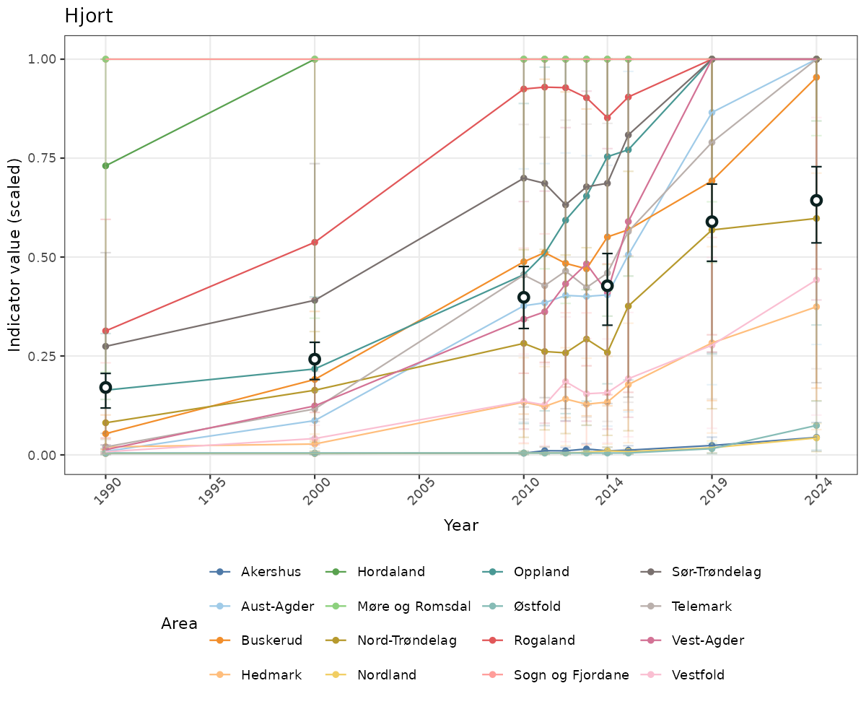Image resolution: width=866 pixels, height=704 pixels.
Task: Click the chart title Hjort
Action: [88, 16]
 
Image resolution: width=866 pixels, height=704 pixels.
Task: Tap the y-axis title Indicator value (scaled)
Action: [15, 256]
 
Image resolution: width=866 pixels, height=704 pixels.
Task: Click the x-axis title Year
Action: [460, 525]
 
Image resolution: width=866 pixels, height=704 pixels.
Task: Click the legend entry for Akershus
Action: [271, 572]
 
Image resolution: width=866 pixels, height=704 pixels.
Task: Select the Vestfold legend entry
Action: [696, 675]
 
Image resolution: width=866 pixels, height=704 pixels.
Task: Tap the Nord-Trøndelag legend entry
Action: [407, 640]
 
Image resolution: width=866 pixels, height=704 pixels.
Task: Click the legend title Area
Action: [179, 624]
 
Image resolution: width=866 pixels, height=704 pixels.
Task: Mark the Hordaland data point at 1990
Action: [105, 166]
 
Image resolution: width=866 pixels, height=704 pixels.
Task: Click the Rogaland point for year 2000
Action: [315, 243]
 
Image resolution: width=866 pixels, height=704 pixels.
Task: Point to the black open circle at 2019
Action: [712, 222]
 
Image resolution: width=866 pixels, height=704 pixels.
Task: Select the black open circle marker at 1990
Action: [105, 388]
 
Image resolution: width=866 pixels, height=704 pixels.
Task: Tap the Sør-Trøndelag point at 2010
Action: [524, 178]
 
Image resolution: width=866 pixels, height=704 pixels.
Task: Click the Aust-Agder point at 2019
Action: [712, 113]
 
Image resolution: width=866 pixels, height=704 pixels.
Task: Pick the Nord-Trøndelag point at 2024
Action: [816, 218]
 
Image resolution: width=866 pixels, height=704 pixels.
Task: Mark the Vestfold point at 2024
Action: [816, 280]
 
